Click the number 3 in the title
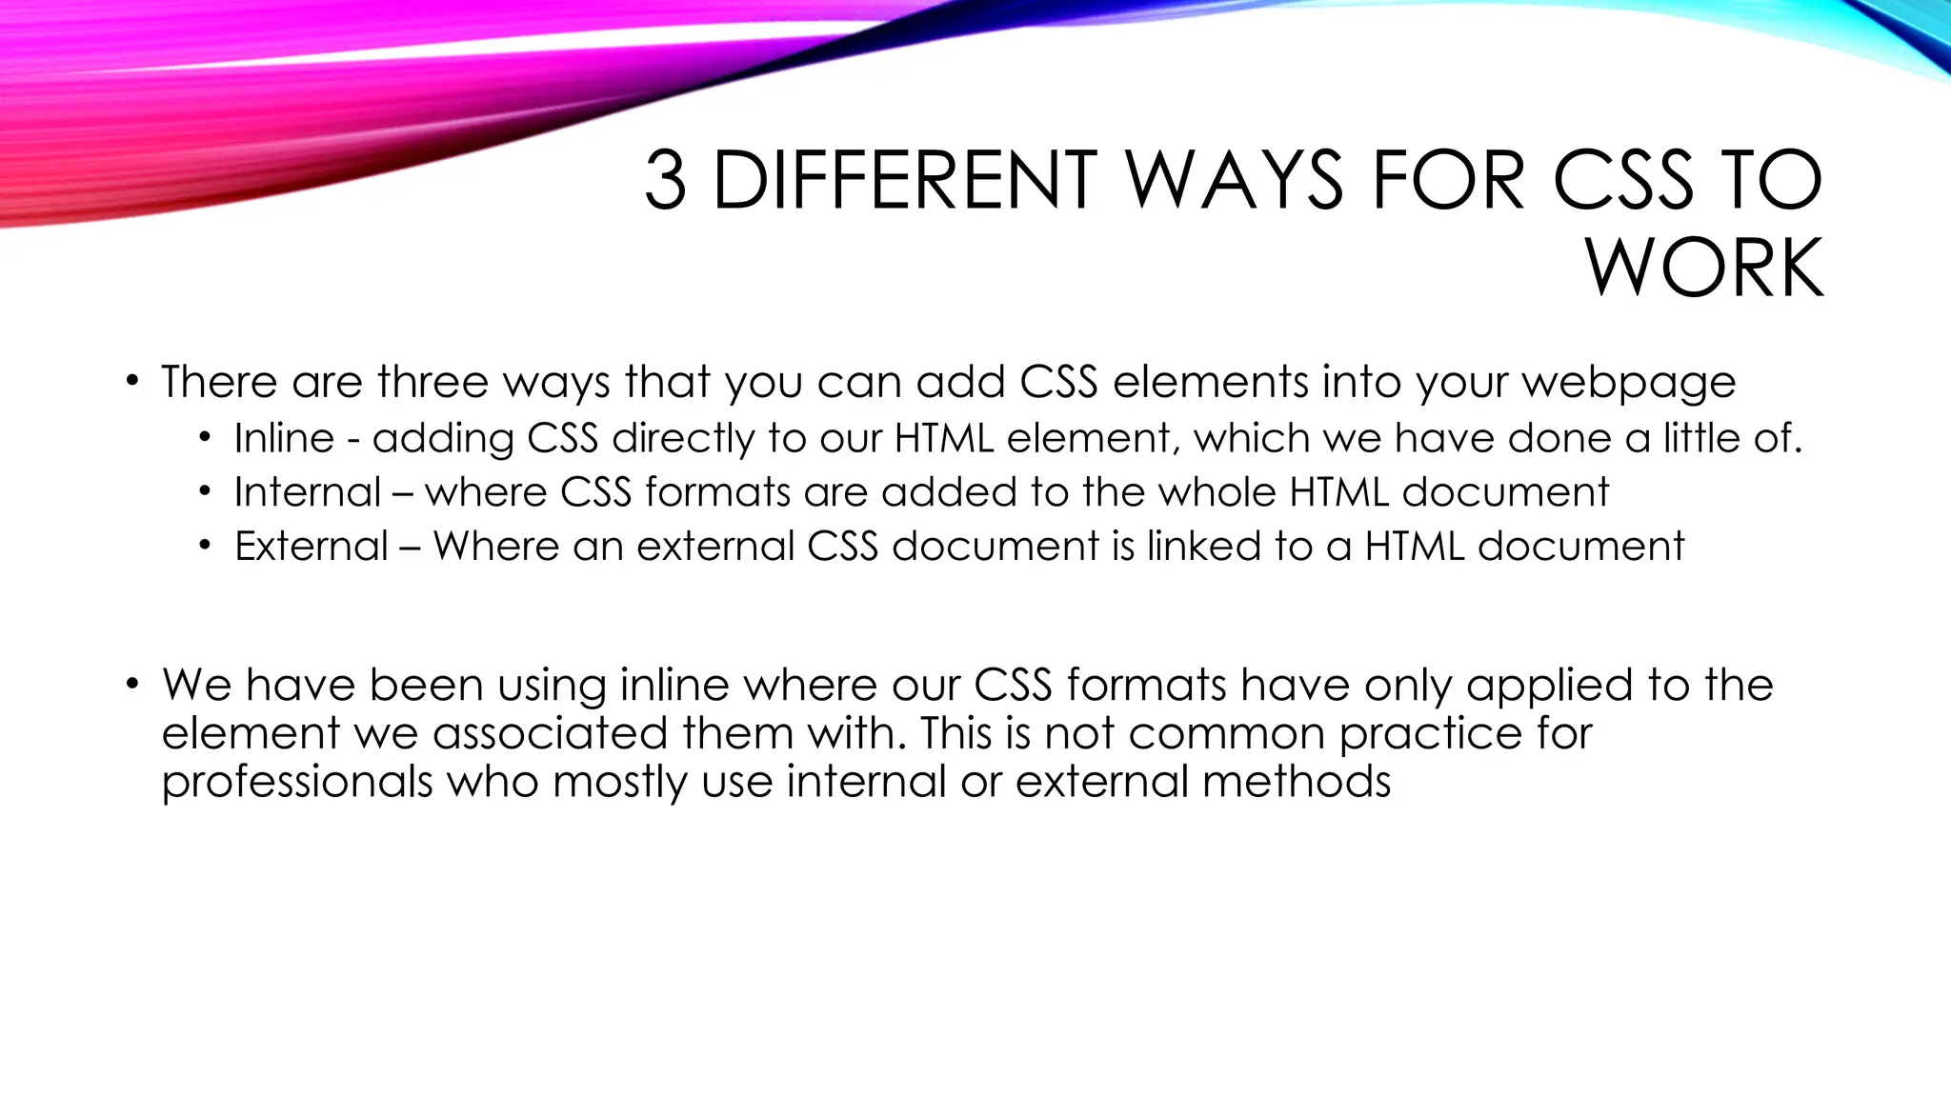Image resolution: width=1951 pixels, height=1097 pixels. [x=665, y=180]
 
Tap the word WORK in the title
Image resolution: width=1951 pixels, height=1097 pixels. [x=1704, y=269]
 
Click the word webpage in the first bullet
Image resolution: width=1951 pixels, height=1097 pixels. [x=1629, y=383]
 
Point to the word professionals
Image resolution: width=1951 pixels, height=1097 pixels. [x=297, y=782]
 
